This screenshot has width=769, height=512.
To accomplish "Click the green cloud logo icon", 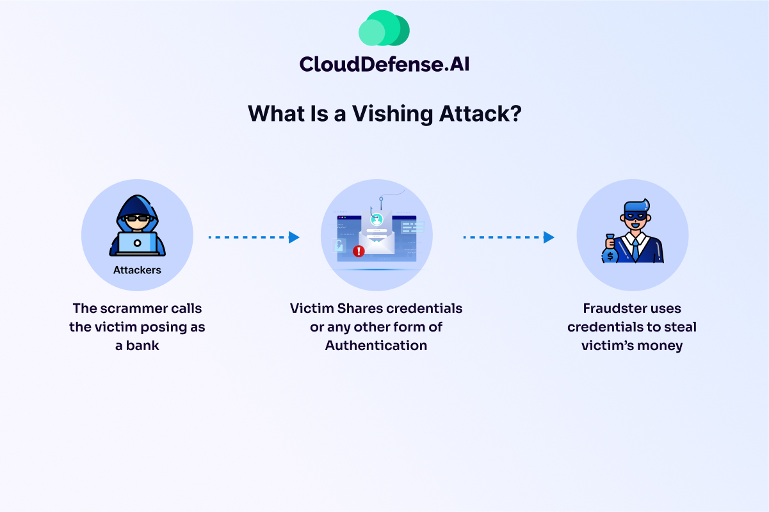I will coord(384,29).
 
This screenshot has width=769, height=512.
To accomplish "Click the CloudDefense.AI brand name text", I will coord(384,63).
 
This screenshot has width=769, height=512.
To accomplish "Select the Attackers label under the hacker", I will coord(137,270).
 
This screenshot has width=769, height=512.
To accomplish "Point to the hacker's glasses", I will coord(137,218).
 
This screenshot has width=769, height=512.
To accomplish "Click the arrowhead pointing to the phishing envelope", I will coord(294,237).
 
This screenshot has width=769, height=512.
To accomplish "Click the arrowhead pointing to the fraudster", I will coord(549,237).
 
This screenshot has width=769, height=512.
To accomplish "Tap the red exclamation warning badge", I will coord(359,251).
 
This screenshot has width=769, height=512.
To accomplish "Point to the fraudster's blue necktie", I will coord(635,246).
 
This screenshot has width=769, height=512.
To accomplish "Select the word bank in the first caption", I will coord(145,346).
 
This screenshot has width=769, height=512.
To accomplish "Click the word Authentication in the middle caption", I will coord(376,346).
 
